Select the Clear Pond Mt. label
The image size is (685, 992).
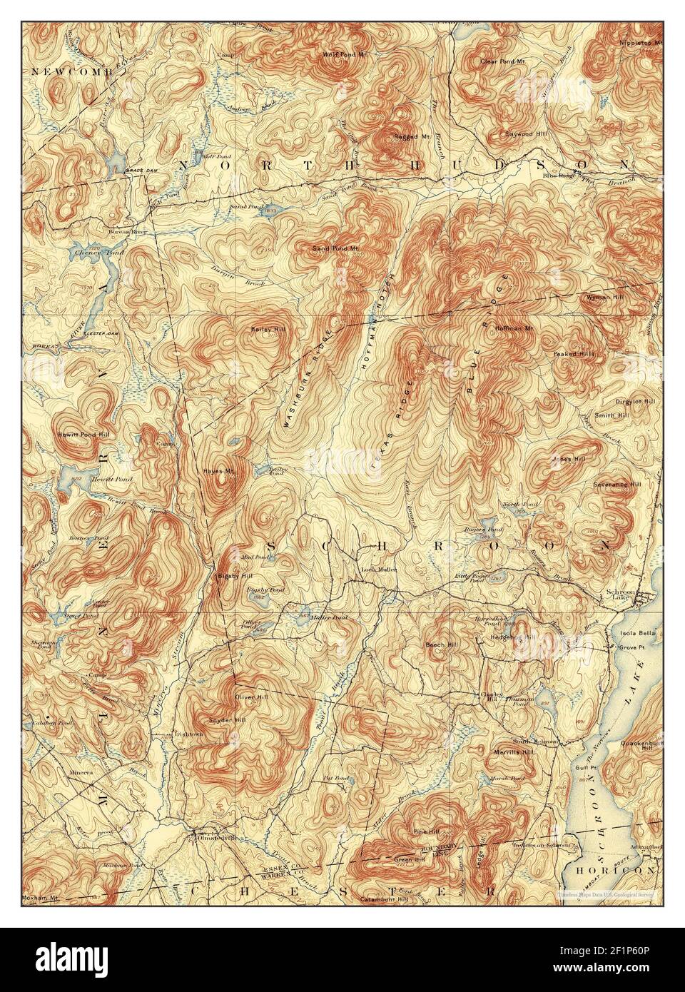coord(497,61)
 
